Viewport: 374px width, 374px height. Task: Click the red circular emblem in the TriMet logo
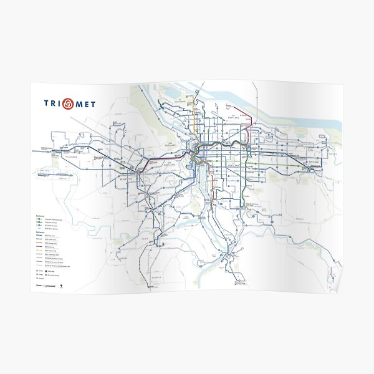point(68,103)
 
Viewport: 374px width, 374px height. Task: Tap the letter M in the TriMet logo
point(79,104)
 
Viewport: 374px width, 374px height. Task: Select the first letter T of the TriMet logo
point(47,103)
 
